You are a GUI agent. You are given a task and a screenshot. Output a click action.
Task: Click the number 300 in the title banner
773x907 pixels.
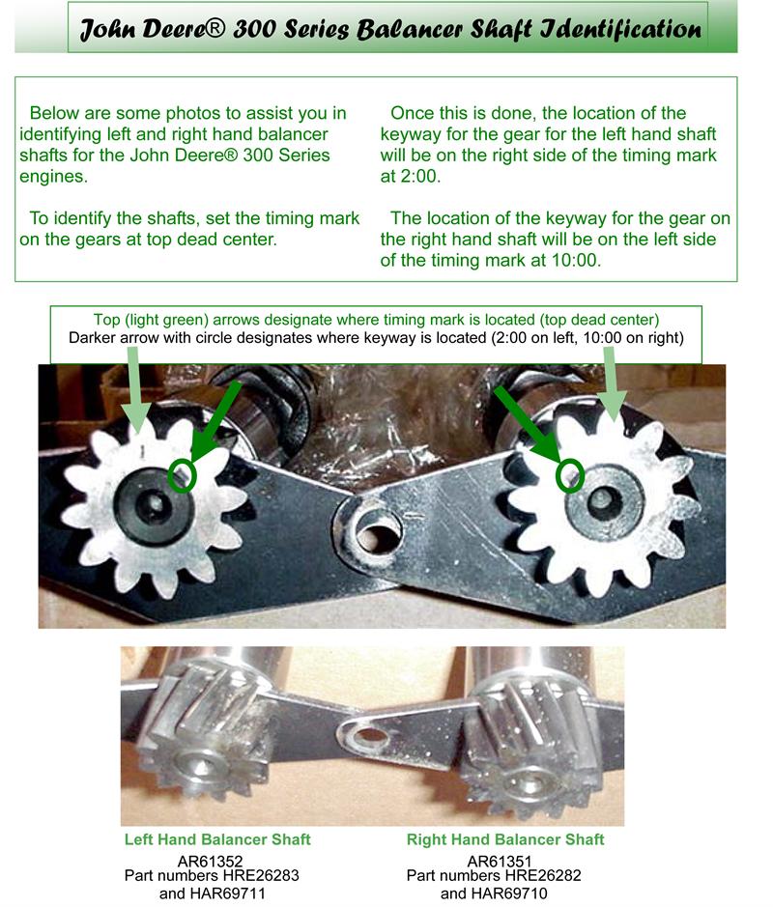pos(254,29)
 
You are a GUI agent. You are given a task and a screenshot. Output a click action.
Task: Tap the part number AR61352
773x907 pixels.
pos(210,862)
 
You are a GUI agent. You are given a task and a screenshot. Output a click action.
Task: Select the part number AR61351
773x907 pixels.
pos(500,862)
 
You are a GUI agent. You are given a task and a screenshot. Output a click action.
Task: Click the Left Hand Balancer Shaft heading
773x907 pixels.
pos(217,839)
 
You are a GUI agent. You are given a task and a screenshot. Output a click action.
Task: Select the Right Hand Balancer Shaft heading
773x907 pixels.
pos(505,839)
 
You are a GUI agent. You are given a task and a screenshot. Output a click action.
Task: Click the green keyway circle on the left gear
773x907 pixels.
pos(183,475)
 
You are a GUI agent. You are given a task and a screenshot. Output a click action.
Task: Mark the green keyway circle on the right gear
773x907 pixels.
pos(570,475)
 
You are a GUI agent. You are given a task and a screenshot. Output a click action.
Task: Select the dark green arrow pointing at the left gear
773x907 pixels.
pos(215,422)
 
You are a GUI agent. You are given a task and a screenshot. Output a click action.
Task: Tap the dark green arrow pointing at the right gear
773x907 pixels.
pos(530,424)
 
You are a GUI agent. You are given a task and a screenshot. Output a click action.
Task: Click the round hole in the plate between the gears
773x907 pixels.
pos(377,531)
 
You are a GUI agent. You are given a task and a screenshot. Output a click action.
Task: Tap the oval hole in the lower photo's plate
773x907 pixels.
pos(372,736)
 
